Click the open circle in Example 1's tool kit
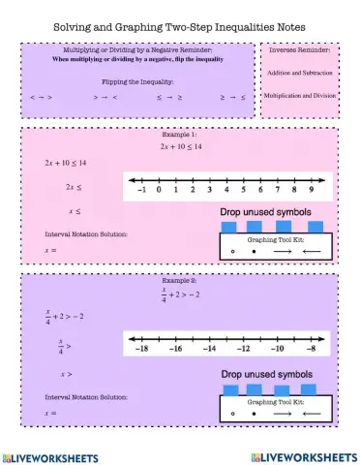coord(233,251)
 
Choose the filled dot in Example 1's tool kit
coord(254,251)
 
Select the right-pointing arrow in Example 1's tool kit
coord(280,251)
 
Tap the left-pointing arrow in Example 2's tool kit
coord(311,413)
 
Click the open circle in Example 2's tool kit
coord(233,413)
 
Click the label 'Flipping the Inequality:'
coord(137,82)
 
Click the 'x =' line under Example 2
coord(50,413)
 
